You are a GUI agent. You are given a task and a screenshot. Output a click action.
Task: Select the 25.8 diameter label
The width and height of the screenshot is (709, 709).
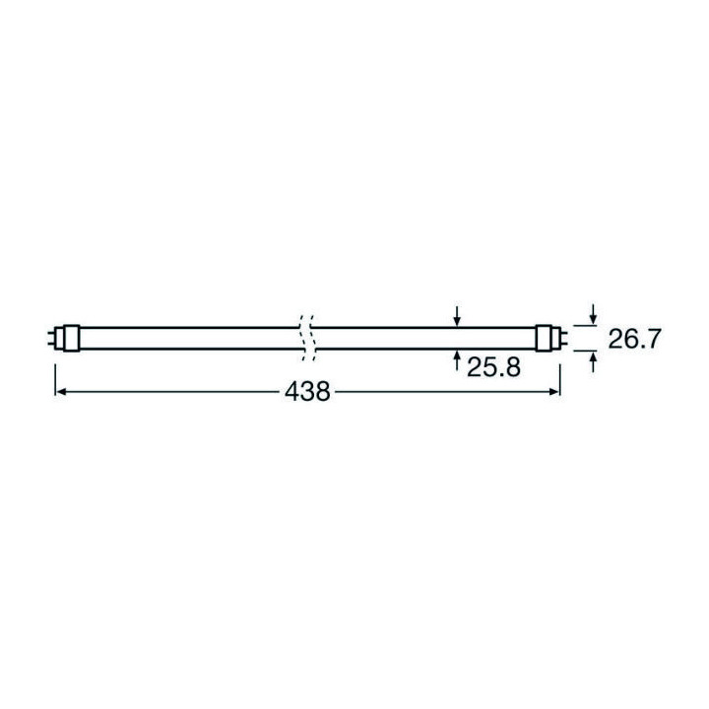(x=493, y=368)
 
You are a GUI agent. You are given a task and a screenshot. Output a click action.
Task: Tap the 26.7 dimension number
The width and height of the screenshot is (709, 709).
(x=633, y=340)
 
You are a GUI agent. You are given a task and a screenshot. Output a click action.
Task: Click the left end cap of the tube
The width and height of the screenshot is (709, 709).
(x=66, y=336)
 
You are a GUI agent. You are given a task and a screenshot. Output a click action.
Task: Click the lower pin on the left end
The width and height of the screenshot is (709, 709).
(x=53, y=342)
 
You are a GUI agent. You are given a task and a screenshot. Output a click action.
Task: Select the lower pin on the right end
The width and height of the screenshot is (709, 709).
(x=559, y=342)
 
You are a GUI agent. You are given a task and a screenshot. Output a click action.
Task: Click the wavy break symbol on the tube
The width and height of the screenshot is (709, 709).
(x=305, y=336)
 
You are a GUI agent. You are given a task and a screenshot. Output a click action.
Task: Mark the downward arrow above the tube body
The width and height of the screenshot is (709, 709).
(x=458, y=316)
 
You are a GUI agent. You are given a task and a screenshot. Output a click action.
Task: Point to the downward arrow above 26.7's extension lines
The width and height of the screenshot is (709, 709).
(x=592, y=312)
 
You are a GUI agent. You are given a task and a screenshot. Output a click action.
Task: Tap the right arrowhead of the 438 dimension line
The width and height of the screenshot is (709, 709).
(x=553, y=392)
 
